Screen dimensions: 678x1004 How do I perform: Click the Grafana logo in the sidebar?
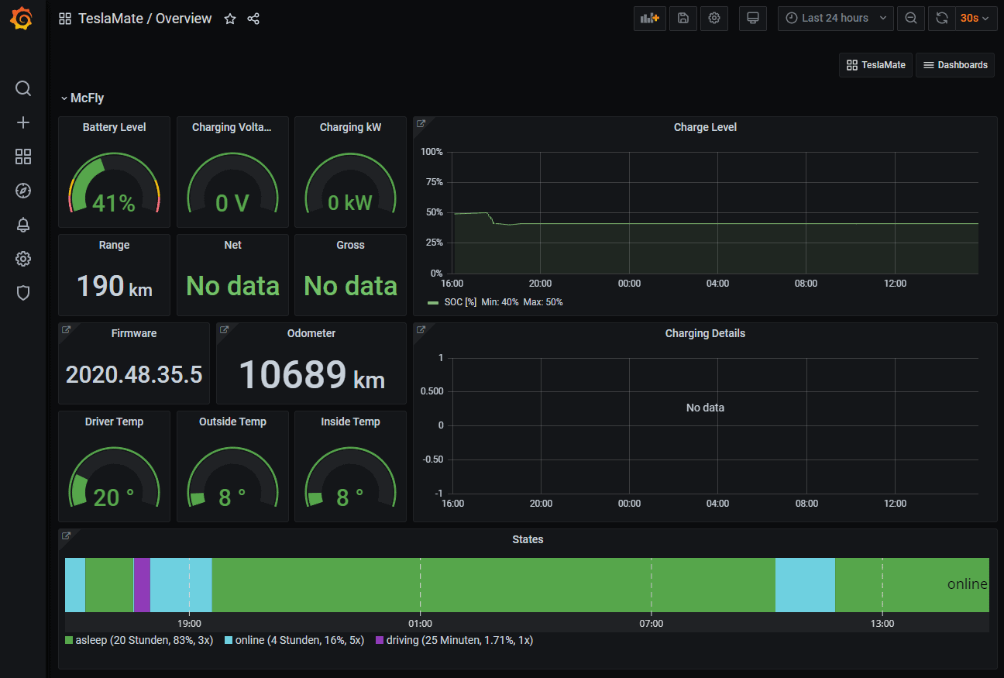pyautogui.click(x=22, y=19)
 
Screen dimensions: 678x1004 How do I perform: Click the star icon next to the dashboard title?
pyautogui.click(x=230, y=19)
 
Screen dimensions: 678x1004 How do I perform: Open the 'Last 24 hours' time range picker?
pyautogui.click(x=835, y=18)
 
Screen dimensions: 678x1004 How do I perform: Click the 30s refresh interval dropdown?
pyautogui.click(x=975, y=18)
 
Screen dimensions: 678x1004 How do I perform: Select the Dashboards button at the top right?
pyautogui.click(x=955, y=65)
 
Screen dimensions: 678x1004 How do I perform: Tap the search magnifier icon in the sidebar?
pyautogui.click(x=23, y=88)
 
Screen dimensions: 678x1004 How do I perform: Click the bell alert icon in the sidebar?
pyautogui.click(x=23, y=225)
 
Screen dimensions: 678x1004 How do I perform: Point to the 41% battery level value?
pyautogui.click(x=114, y=203)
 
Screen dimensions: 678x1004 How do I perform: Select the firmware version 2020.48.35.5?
pyautogui.click(x=134, y=375)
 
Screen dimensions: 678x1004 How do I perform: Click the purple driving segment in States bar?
pyautogui.click(x=142, y=585)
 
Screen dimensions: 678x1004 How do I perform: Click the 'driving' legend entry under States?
pyautogui.click(x=454, y=640)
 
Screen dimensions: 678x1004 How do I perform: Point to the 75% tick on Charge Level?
pyautogui.click(x=432, y=182)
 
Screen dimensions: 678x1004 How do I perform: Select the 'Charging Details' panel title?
pyautogui.click(x=705, y=333)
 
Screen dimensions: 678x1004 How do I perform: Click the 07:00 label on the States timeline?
pyautogui.click(x=652, y=623)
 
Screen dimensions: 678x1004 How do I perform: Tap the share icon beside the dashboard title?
pyautogui.click(x=253, y=19)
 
